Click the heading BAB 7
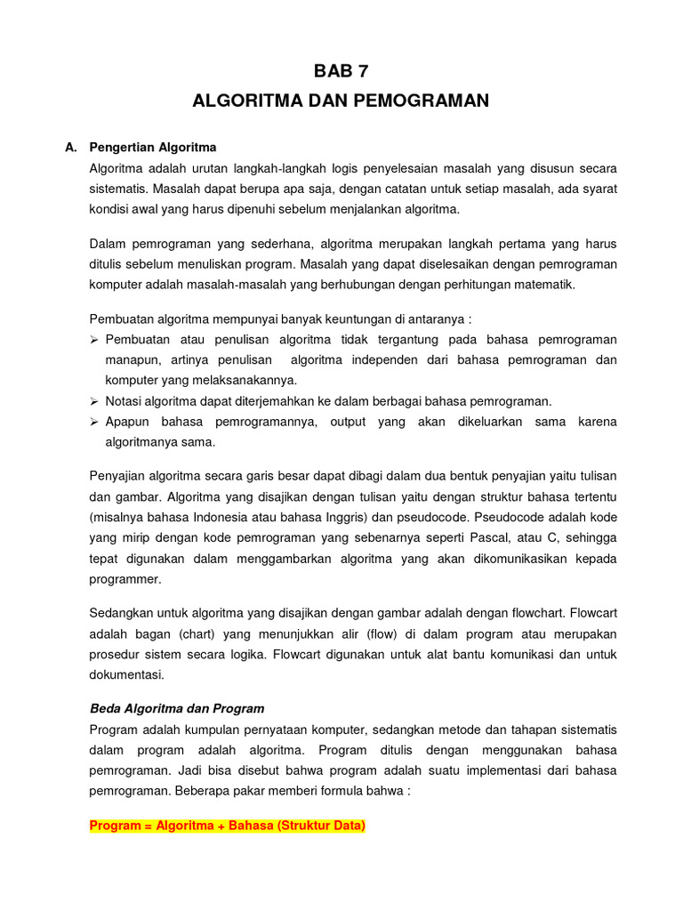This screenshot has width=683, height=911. click(x=341, y=72)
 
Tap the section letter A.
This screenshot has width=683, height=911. click(x=70, y=147)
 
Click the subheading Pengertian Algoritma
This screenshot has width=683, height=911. click(x=153, y=147)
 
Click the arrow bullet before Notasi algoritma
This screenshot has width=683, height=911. click(x=95, y=401)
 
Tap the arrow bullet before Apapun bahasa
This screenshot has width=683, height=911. click(x=95, y=422)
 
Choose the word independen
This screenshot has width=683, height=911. click(x=386, y=360)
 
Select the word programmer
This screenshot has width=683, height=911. click(x=125, y=578)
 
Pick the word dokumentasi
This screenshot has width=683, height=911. click(x=125, y=674)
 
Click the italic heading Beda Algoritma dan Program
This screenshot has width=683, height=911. click(x=177, y=709)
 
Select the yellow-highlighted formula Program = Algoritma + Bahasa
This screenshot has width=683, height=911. click(x=228, y=826)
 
